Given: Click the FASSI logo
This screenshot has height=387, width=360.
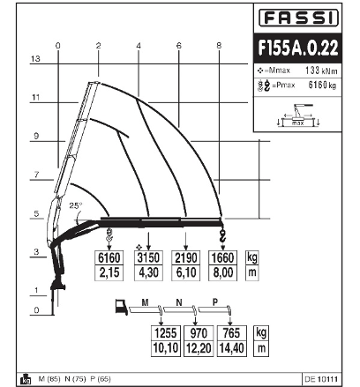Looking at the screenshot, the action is click(298, 18).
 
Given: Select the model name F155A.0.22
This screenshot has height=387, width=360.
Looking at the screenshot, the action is click(298, 48).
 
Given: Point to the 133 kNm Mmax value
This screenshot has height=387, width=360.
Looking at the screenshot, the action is click(321, 71).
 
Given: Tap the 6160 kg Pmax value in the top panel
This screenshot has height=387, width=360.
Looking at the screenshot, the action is click(322, 86).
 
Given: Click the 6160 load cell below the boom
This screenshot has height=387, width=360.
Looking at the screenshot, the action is click(109, 257).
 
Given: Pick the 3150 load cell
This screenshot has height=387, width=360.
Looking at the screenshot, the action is click(148, 257).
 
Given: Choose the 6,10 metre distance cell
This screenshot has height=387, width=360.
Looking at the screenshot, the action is click(186, 272).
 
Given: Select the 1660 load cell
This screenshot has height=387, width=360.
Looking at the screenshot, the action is click(222, 257).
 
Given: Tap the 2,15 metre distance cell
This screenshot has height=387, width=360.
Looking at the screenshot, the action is click(109, 272).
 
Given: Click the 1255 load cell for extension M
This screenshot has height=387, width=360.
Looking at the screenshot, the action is click(166, 333).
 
